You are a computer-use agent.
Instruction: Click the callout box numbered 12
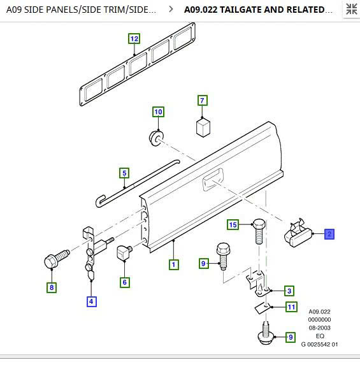134,39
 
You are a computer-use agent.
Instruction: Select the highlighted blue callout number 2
329,234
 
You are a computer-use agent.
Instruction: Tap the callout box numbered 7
203,101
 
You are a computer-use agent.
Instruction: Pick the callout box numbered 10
158,112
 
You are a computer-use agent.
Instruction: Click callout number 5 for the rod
124,173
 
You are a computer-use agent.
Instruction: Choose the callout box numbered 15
233,225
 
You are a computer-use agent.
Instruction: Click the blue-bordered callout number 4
91,301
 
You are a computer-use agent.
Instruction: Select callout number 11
291,307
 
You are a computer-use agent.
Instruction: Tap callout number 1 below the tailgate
174,264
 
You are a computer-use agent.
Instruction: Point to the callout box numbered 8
52,287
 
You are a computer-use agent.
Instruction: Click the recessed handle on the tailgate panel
213,179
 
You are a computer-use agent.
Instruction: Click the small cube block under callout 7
203,127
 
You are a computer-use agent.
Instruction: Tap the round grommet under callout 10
156,138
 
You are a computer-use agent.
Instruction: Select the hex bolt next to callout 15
259,231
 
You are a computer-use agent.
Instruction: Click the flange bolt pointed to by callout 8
56,259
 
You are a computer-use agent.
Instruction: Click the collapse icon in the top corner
351,9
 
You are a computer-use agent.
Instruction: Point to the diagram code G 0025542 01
319,344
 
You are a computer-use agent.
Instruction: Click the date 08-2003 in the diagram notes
319,328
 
